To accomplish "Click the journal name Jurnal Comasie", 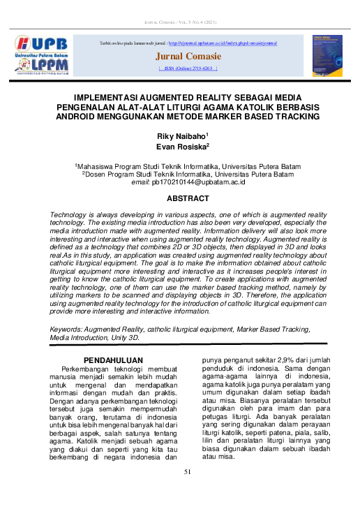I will tap(188, 56).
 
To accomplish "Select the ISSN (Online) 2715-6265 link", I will tap(188, 68).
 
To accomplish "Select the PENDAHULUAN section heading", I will tap(112, 360).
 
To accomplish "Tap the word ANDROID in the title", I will tap(76, 117).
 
